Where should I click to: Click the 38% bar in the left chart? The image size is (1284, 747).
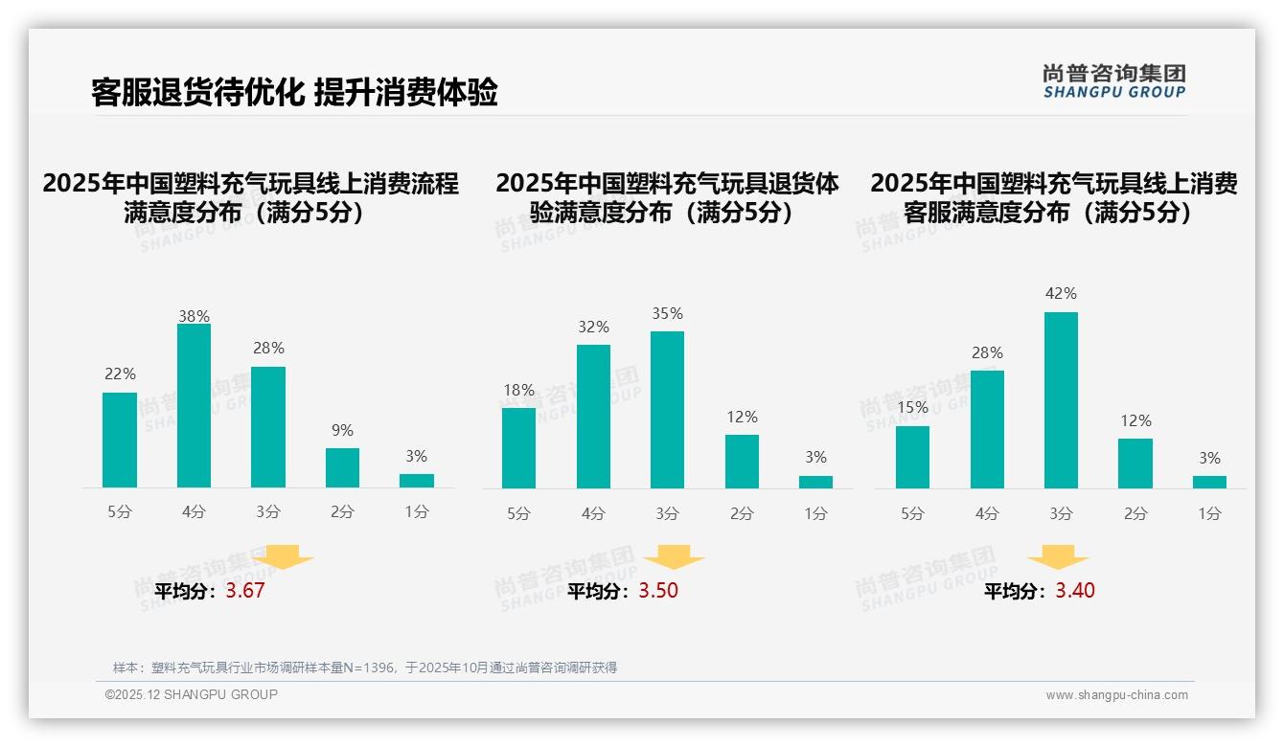[x=194, y=406]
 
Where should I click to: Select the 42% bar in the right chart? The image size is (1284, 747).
[x=1061, y=400]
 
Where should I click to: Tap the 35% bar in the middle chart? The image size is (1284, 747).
[x=667, y=410]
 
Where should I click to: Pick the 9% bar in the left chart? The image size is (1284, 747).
[x=342, y=467]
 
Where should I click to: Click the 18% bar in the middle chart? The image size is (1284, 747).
[x=518, y=448]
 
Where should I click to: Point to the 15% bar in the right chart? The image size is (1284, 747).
[x=912, y=457]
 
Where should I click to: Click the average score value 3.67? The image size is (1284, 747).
[x=244, y=591]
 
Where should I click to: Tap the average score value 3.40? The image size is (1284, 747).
[x=1074, y=591]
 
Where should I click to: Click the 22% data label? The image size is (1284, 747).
[x=120, y=374]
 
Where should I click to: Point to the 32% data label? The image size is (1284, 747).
[x=593, y=328]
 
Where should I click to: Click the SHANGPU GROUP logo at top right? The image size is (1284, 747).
[x=1113, y=81]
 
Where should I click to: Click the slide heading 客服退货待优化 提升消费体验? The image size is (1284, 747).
[x=294, y=92]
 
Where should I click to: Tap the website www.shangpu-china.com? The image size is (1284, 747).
[x=1116, y=695]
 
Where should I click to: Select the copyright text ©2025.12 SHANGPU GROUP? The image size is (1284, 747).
[x=192, y=694]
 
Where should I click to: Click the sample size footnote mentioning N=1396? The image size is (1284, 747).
[x=365, y=668]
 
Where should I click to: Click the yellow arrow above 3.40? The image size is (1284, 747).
[x=1058, y=558]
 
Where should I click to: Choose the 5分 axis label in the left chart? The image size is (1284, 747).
[x=120, y=512]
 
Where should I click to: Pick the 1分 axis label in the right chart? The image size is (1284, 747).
[x=1209, y=514]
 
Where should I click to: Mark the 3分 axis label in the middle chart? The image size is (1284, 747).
[x=667, y=514]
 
